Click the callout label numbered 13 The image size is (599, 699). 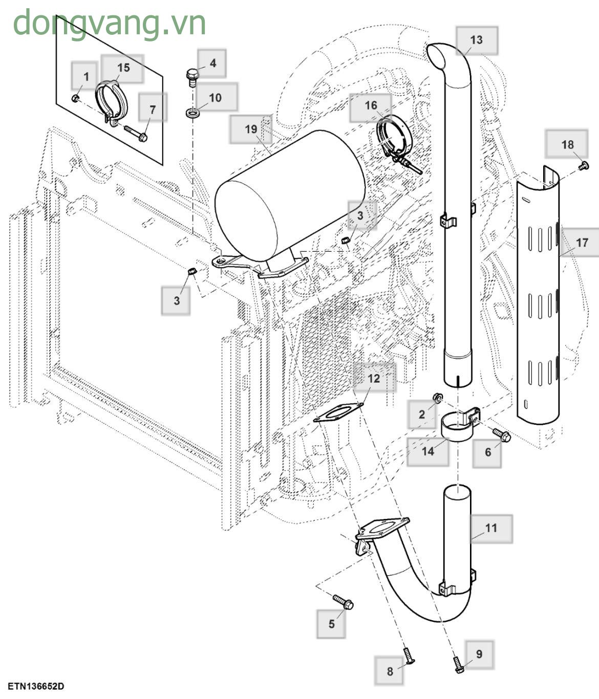(x=476, y=40)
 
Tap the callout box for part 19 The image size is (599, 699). (x=250, y=129)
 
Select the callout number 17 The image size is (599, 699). (x=582, y=243)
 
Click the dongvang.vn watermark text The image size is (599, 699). (x=109, y=23)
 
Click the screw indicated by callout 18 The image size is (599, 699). (x=584, y=165)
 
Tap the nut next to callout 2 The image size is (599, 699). (x=438, y=398)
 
